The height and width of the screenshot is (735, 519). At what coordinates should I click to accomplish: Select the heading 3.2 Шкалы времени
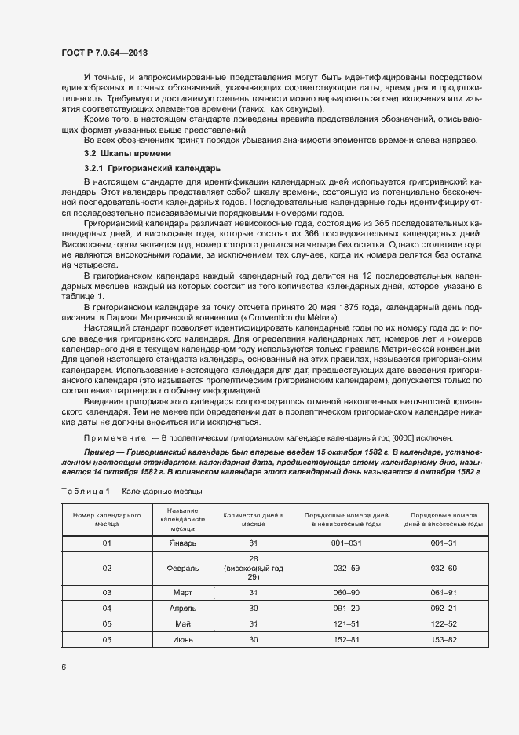coord(128,153)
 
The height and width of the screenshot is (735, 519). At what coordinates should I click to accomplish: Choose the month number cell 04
coord(107,608)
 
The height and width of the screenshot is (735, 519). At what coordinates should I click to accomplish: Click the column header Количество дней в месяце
coord(253,519)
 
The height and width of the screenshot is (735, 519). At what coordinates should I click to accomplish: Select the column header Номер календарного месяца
coord(107,519)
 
